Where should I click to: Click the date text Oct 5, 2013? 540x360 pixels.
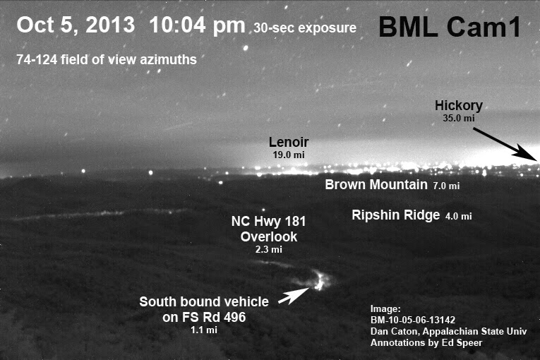coord(76,25)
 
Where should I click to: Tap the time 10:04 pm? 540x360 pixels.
coord(197,25)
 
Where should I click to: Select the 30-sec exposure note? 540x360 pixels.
coord(305,28)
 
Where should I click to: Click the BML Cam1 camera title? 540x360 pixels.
coord(450,27)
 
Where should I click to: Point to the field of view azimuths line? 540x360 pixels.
coord(107,59)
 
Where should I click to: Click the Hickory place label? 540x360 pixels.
coord(458,106)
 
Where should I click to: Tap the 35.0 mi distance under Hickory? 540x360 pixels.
coord(458,118)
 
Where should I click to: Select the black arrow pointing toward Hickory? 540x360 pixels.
coord(505,144)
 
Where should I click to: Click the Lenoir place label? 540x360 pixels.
coord(289,142)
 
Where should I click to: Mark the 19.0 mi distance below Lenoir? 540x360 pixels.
coord(289,155)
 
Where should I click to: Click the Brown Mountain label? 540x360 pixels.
coord(376,185)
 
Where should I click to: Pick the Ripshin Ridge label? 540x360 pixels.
coord(396,215)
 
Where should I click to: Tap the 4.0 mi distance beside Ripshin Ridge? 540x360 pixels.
coord(458,216)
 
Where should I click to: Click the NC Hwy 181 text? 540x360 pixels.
coord(269,221)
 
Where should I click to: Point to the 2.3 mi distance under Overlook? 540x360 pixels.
coord(269,249)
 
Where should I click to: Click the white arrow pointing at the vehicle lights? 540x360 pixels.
coord(294,296)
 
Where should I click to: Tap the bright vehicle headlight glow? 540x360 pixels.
coord(319,281)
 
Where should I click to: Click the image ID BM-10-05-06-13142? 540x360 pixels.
coord(412,320)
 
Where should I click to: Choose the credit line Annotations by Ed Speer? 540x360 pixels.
coord(426,343)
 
